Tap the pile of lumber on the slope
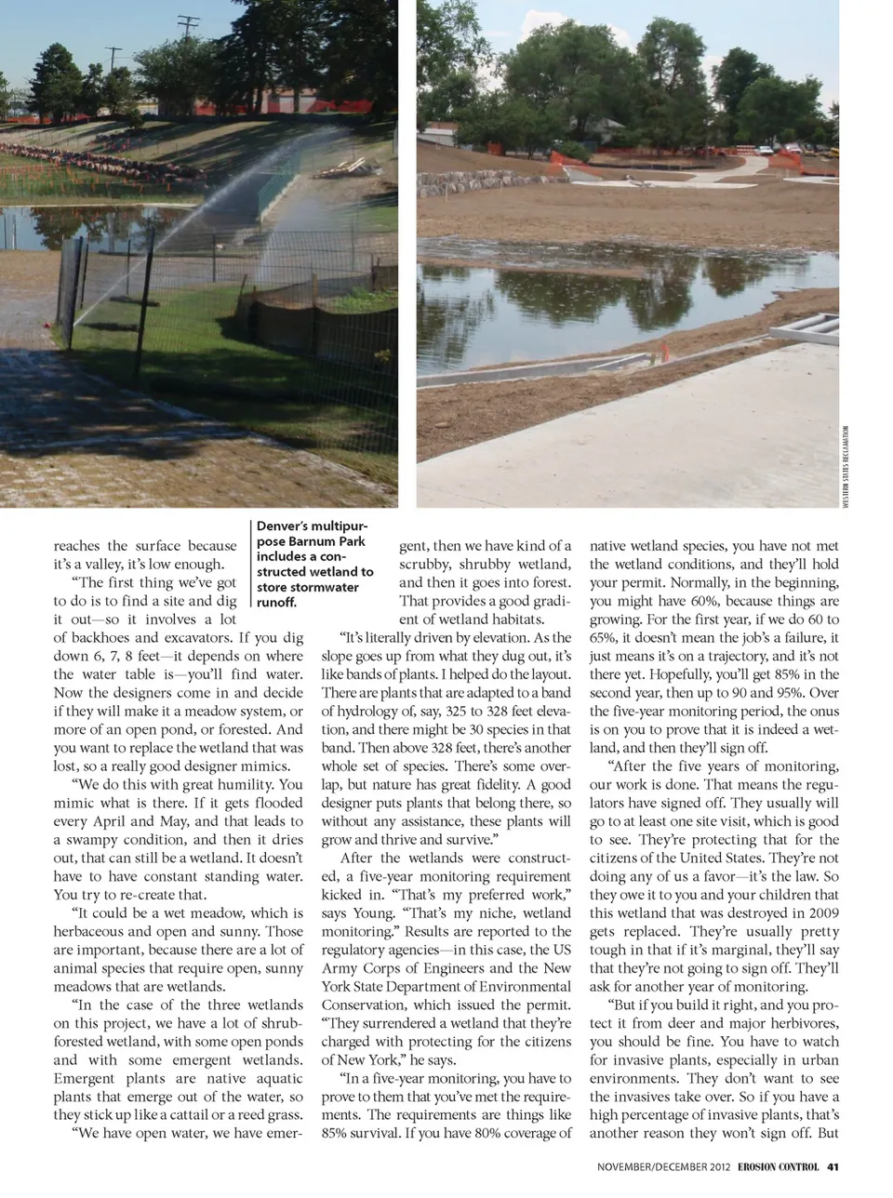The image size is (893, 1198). [x=340, y=167]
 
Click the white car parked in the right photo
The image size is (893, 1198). [x=765, y=150]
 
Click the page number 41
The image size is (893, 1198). [x=833, y=1166]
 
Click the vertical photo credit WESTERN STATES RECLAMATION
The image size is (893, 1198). [x=846, y=465]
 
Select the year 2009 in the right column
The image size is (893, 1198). [x=822, y=913]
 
